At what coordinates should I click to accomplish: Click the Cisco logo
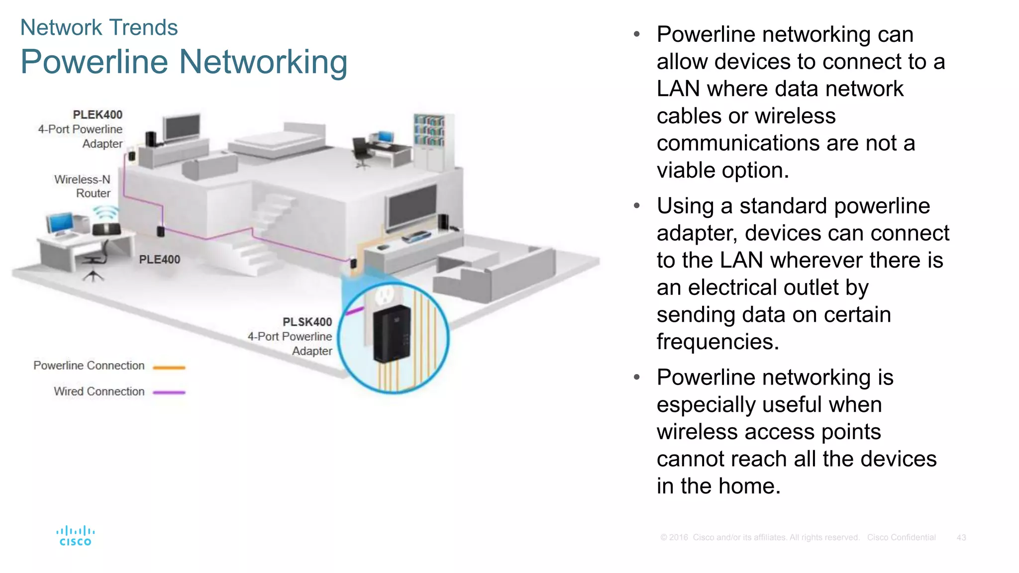point(75,536)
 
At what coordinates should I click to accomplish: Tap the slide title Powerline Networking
point(184,62)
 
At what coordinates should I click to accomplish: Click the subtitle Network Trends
point(99,27)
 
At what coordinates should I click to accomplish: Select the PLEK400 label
point(98,115)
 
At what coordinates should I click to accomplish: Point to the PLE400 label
point(159,259)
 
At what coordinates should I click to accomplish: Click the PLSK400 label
point(307,322)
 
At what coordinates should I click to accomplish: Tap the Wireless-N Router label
point(83,186)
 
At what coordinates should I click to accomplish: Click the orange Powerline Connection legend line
point(169,368)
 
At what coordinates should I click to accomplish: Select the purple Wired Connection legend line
point(169,392)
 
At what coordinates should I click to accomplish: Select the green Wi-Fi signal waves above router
point(105,213)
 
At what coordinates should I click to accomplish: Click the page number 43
point(961,538)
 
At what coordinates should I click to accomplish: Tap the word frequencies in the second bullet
point(717,342)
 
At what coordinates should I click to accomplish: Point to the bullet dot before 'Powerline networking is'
point(637,378)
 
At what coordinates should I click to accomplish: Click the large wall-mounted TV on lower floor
point(412,206)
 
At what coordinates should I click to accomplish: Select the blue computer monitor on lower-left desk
point(61,222)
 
